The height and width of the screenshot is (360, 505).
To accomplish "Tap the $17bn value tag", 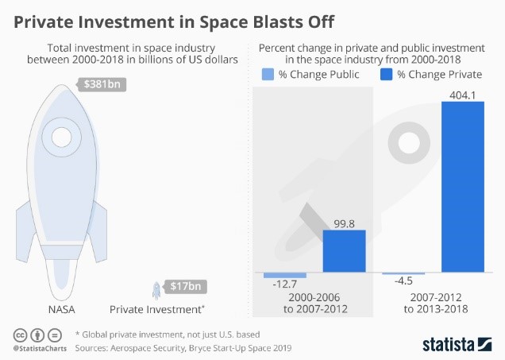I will click(x=189, y=286).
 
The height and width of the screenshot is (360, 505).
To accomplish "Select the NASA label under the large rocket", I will click(x=61, y=309).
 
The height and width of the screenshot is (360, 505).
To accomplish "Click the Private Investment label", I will click(x=157, y=309).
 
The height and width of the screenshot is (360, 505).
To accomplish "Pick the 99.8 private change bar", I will click(x=344, y=252).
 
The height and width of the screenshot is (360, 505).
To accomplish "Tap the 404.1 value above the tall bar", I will click(x=462, y=93).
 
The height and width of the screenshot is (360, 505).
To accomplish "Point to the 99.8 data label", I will click(x=344, y=223).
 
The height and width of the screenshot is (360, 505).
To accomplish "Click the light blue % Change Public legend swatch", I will click(x=268, y=75).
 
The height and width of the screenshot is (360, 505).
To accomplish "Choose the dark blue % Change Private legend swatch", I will click(x=387, y=75).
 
